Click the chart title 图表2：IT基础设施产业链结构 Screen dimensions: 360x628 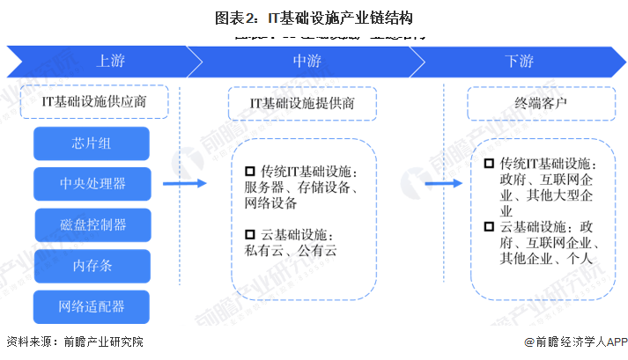coord(314,17)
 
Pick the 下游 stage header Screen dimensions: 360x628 coord(519,62)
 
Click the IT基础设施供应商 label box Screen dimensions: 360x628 coord(94,102)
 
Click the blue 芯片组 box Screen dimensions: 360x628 coord(92,143)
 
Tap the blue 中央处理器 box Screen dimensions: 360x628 coord(92,183)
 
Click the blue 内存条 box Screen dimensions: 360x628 coord(92,265)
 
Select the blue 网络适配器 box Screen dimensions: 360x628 coord(92,306)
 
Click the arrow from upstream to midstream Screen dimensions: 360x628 coord(185,183)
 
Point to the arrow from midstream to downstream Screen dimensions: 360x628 coord(446,183)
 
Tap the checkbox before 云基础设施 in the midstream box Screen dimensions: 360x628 coord(249,235)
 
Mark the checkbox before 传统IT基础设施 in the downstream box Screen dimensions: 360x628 coord(489,165)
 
